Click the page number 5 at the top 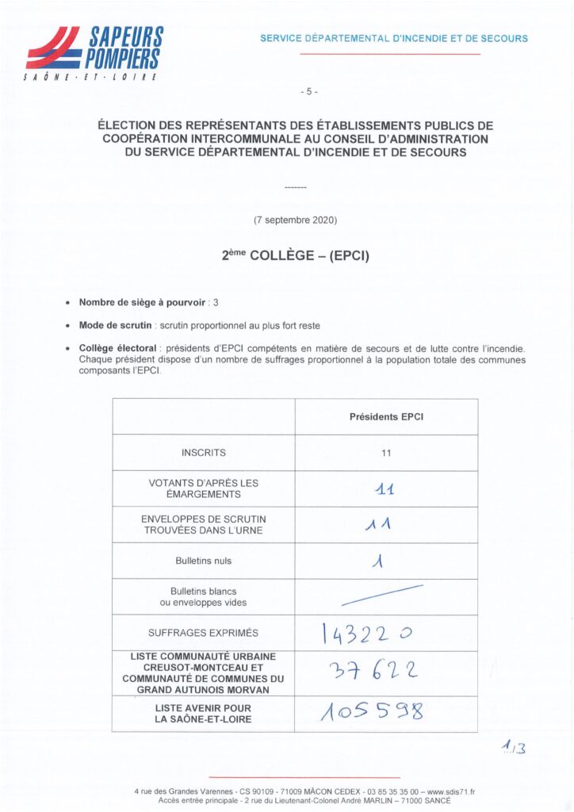[309, 91]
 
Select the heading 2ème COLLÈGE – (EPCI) [296, 256]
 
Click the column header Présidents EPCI [386, 417]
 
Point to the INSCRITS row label [203, 453]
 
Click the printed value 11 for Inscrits [386, 453]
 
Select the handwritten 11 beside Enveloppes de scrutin [385, 524]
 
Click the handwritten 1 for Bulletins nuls [380, 561]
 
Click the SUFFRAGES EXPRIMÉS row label [203, 634]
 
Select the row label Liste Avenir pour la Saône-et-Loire [203, 714]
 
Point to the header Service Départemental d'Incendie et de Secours [394, 38]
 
